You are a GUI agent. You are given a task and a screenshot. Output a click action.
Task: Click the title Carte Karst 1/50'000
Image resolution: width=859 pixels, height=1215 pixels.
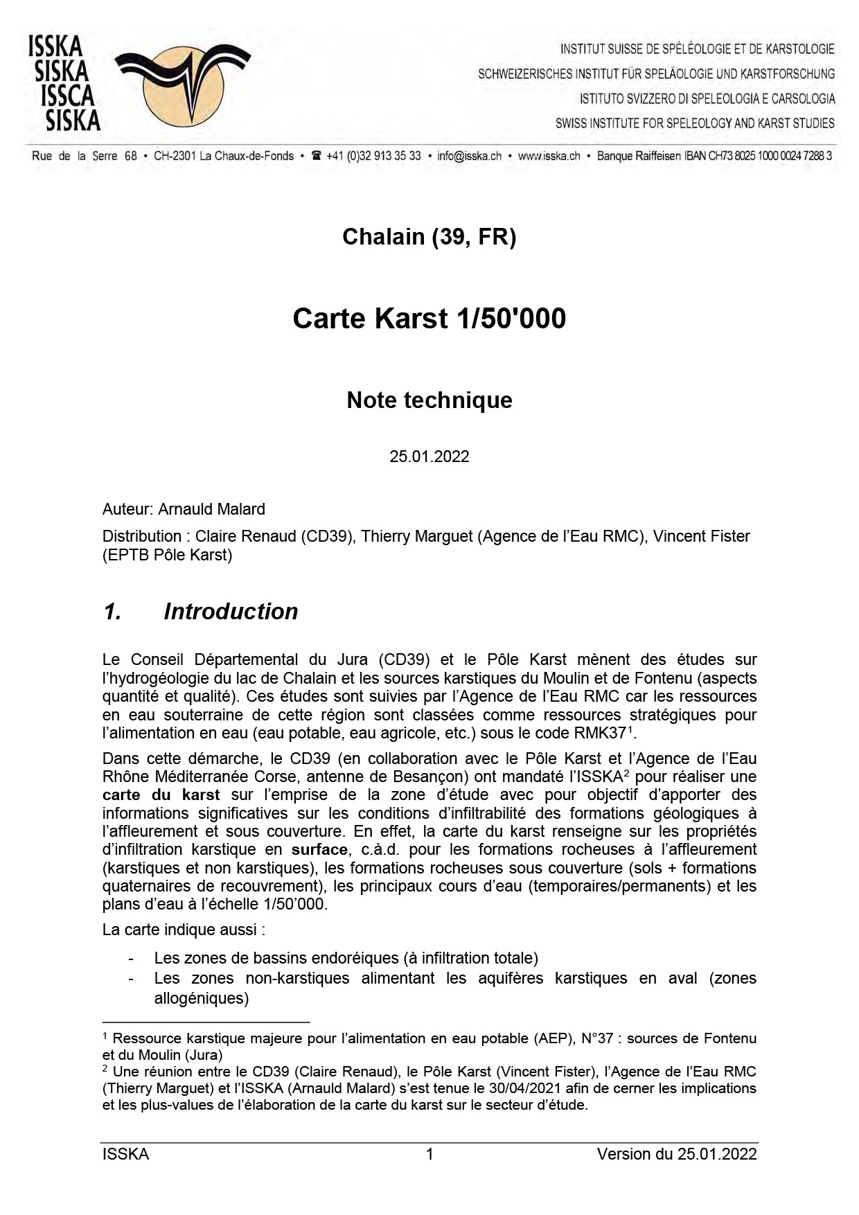tap(429, 319)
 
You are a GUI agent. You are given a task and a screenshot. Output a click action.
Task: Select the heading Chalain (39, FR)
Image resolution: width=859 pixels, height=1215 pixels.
tap(429, 237)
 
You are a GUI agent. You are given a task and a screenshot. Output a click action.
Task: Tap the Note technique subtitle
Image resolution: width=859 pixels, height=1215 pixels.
tap(429, 400)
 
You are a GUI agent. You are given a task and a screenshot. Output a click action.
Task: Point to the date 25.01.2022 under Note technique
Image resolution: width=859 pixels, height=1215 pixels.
tap(429, 456)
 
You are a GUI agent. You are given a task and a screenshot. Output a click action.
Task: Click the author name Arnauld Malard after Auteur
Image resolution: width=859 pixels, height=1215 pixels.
tap(211, 509)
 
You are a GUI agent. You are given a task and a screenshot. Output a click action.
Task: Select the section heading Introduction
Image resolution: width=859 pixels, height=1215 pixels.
tap(231, 612)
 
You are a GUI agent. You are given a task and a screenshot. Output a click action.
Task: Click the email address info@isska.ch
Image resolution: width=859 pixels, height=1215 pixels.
tap(469, 156)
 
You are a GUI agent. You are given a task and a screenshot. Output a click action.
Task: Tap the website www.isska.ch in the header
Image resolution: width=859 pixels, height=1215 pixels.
tap(549, 156)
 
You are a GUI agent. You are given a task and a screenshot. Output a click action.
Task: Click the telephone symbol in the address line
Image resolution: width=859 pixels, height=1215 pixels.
tap(317, 156)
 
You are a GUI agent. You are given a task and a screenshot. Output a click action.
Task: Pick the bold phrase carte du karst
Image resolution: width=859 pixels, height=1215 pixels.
tap(161, 795)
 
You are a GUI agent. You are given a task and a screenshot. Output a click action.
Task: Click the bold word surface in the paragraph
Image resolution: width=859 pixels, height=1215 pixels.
tap(319, 850)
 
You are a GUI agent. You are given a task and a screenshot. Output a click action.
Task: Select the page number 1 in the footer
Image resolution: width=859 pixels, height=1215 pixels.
tap(429, 1154)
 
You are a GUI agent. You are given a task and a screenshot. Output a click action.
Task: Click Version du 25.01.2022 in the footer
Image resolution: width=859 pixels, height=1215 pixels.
tap(677, 1154)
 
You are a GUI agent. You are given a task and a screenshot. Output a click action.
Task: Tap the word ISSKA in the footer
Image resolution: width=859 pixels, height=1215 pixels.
tap(125, 1154)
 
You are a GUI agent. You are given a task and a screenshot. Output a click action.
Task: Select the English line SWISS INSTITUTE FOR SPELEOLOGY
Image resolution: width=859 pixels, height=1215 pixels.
tap(695, 123)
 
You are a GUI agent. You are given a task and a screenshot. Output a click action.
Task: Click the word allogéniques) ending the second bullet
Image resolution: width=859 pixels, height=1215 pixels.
tap(201, 998)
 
